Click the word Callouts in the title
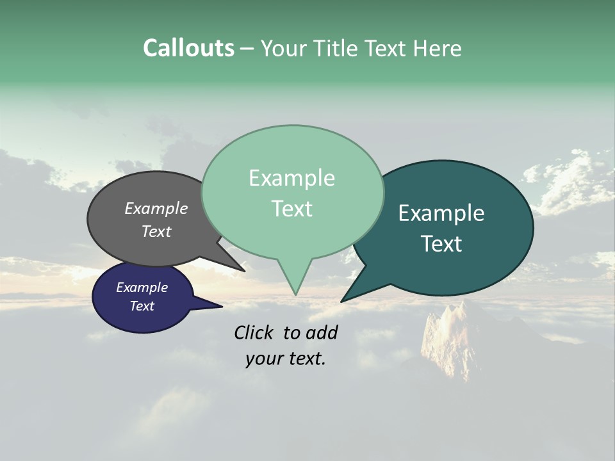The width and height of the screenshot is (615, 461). click(188, 48)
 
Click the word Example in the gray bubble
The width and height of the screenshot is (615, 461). click(156, 208)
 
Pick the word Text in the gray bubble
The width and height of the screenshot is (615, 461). click(156, 231)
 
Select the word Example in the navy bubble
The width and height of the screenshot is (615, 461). click(142, 287)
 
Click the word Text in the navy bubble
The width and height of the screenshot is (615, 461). click(142, 306)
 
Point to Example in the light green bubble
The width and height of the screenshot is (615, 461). click(291, 178)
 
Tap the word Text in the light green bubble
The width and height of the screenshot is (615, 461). click(291, 209)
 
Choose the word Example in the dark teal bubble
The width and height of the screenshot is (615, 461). click(441, 213)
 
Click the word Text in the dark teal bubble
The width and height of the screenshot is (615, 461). click(441, 244)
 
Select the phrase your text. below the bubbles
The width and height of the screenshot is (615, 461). click(285, 359)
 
